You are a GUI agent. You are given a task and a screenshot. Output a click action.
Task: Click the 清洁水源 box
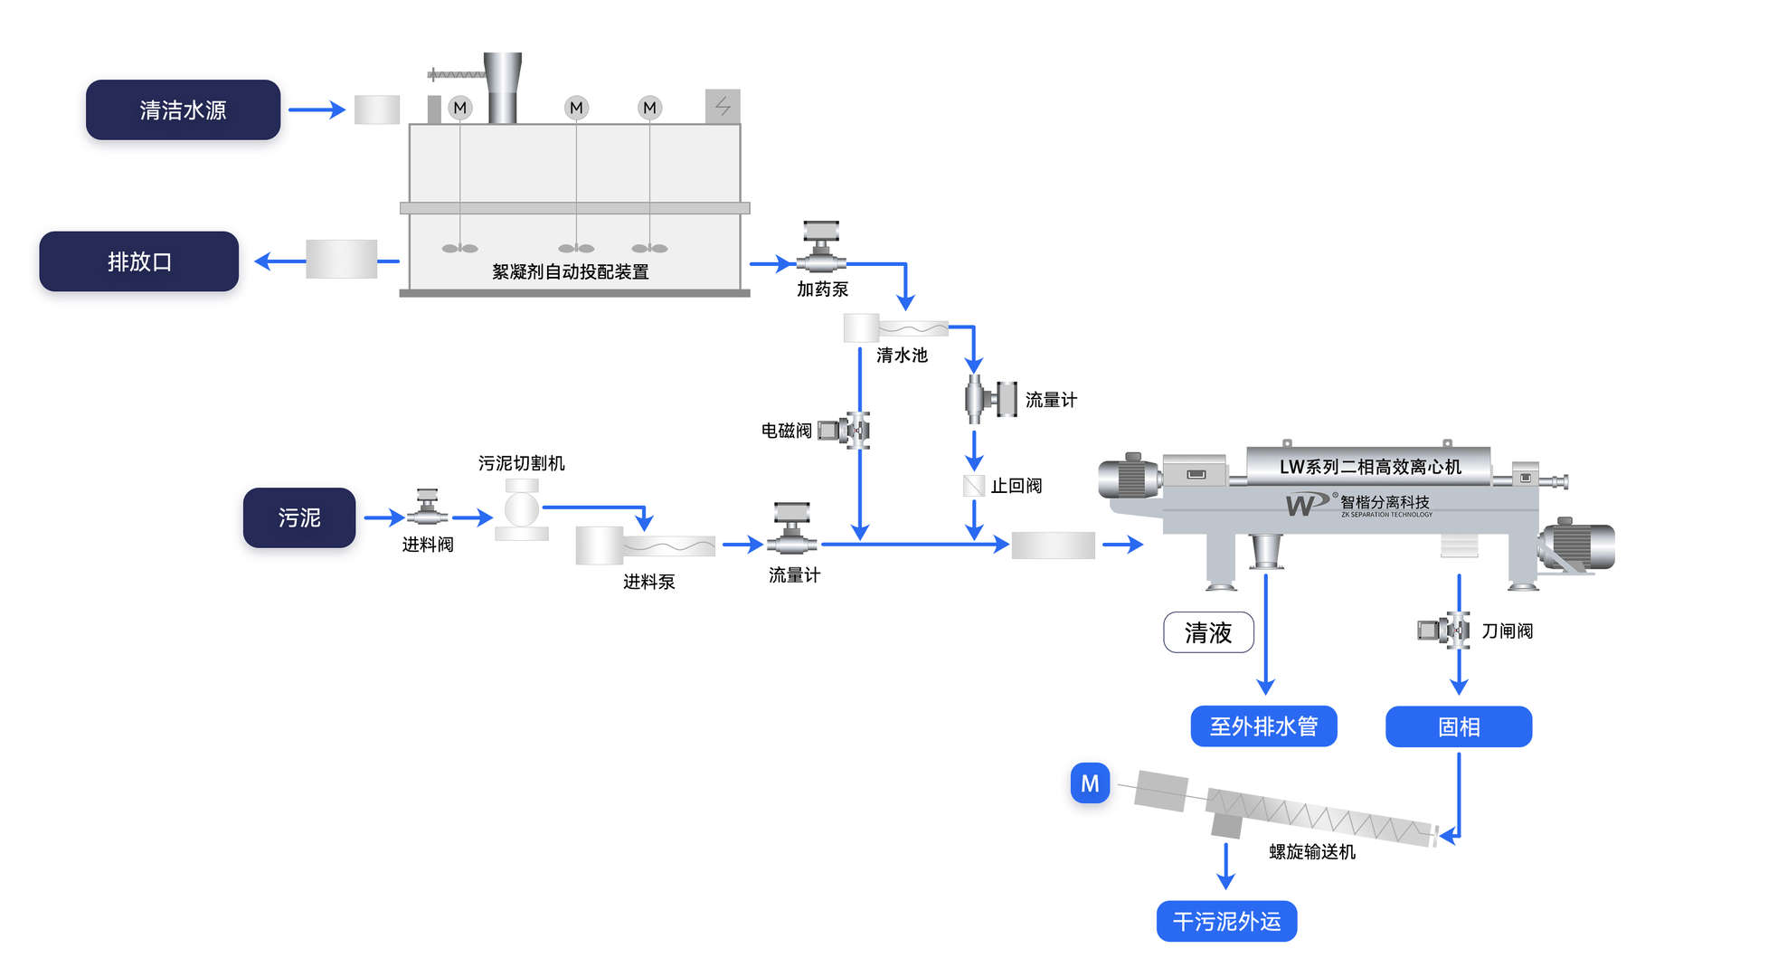[183, 109]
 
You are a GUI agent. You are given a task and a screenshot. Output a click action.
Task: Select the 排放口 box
[138, 261]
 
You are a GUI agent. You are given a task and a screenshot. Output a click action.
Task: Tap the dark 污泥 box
[298, 517]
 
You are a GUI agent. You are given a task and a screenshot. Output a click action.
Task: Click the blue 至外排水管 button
[1262, 726]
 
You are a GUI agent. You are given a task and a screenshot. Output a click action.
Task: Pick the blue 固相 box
[1458, 726]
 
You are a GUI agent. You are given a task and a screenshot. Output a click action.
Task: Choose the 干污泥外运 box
[1226, 921]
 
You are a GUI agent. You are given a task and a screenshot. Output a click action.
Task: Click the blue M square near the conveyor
[1090, 783]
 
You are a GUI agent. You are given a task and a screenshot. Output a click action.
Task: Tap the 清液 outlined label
[1208, 632]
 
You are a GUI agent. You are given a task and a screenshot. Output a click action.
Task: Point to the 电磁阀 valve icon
[846, 431]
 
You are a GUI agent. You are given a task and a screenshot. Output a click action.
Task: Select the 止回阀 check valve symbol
[974, 486]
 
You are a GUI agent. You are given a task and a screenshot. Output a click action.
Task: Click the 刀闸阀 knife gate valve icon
[1444, 630]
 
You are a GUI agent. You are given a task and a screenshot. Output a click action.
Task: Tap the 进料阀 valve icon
[427, 509]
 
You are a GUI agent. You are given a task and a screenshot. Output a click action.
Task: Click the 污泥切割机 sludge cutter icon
[522, 510]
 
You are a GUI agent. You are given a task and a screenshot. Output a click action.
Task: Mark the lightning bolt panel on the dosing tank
[723, 107]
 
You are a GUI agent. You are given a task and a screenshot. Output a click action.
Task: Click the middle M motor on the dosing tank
[576, 108]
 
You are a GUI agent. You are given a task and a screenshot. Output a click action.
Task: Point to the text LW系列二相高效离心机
[1369, 467]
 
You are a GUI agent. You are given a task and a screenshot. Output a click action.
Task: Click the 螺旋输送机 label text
[1311, 851]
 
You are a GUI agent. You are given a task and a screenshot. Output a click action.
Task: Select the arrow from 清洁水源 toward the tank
[317, 109]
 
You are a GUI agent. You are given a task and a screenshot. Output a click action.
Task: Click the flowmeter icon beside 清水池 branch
[990, 399]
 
